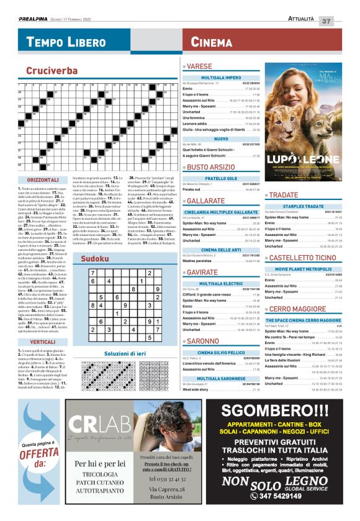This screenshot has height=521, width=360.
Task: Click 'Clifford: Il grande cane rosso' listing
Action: [210, 294]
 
